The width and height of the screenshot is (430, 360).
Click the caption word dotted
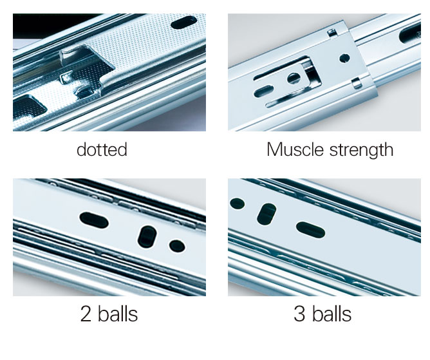tap(102, 149)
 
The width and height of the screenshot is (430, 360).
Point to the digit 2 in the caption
tap(86, 314)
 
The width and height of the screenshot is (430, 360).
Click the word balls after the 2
tap(118, 314)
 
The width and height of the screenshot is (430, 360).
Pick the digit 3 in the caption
tap(299, 314)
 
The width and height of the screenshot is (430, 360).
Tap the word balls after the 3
tap(332, 314)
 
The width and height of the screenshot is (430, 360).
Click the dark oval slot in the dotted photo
tap(183, 23)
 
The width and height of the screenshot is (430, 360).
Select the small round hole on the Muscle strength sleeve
tap(344, 58)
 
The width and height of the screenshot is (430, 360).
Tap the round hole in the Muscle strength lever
tap(294, 79)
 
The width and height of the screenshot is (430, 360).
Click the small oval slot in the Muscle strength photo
tap(263, 91)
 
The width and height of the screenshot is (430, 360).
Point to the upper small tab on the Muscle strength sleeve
tap(332, 33)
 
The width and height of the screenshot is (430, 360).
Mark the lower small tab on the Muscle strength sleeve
tap(356, 83)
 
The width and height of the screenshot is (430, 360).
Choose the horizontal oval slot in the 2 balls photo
tap(94, 220)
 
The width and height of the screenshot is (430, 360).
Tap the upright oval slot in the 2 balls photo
tap(147, 237)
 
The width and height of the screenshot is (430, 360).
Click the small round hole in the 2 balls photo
tap(177, 246)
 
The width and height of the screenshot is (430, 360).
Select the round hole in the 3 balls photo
tap(238, 204)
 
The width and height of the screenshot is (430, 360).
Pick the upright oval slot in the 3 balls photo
tap(266, 214)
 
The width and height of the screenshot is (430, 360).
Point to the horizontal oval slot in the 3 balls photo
tap(311, 230)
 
